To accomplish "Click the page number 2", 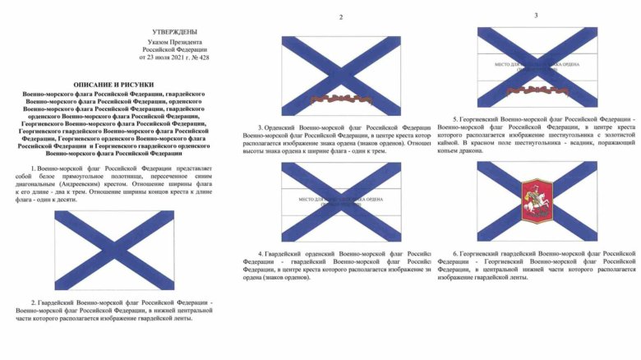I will pyautogui.click(x=341, y=16).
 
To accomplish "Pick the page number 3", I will pyautogui.click(x=536, y=15).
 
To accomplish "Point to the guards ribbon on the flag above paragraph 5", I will pyautogui.click(x=536, y=88).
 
